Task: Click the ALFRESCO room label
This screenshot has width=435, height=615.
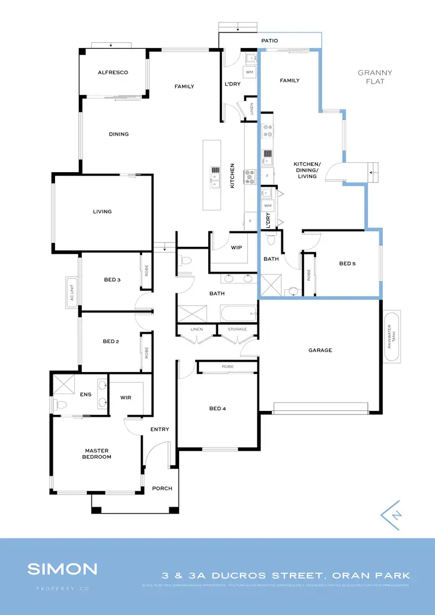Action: coord(113,72)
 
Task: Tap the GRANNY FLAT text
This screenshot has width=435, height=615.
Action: coord(375,77)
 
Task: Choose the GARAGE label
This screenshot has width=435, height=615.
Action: coord(320,350)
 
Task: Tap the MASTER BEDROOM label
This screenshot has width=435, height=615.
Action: coord(97,454)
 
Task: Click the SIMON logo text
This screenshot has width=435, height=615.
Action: coord(62,569)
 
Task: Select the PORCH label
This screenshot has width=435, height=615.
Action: coord(162,488)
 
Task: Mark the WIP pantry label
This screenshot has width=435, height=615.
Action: coord(236,246)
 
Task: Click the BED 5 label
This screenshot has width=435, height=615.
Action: coord(347,264)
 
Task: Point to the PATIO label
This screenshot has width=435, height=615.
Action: coord(269,41)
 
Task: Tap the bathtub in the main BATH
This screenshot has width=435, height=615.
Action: coord(238,315)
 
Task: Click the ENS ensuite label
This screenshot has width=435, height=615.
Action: coord(86,395)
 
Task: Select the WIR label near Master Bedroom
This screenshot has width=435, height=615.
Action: coord(126,398)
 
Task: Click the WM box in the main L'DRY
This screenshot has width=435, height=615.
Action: coord(249,72)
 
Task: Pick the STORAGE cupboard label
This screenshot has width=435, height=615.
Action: coord(237,329)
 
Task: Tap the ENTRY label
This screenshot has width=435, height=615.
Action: coord(159,430)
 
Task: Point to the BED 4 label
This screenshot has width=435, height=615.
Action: coord(217,409)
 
